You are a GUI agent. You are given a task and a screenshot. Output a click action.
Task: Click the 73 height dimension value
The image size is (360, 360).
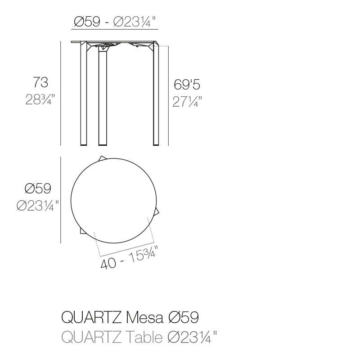point(40,82)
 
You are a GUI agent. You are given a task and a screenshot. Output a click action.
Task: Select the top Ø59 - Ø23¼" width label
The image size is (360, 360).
point(115,22)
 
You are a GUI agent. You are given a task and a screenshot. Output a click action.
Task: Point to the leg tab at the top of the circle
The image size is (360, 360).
point(103,158)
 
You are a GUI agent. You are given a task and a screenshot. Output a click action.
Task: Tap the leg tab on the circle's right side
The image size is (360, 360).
point(157,211)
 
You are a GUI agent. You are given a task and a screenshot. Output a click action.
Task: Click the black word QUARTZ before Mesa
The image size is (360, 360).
point(90,318)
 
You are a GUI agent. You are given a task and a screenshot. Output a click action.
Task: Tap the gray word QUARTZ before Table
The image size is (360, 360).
point(90,336)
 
